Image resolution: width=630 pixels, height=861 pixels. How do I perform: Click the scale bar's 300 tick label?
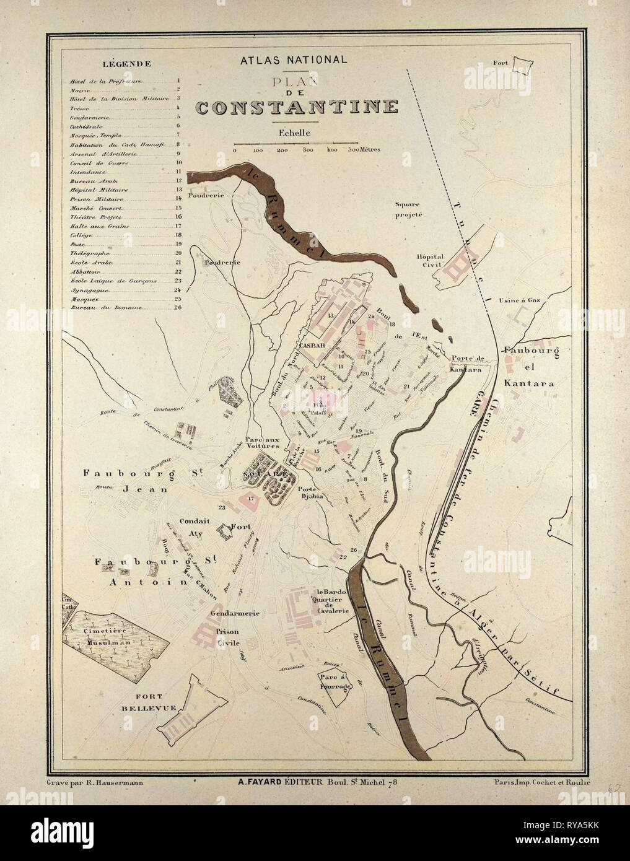tap(306, 150)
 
